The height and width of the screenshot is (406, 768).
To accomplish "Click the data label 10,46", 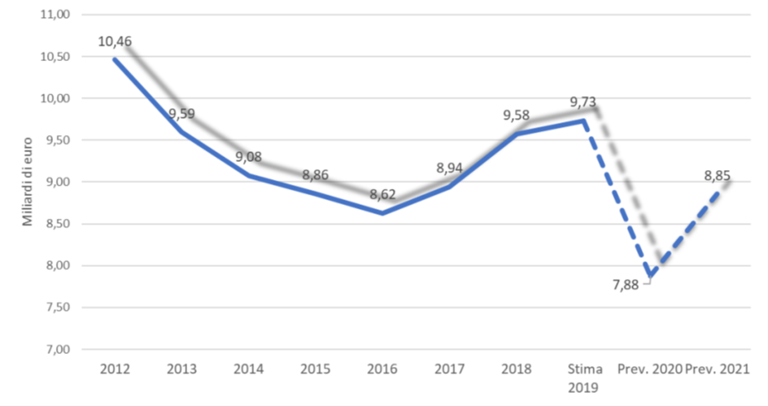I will pos(115,41).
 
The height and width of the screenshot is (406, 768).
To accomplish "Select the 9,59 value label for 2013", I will pos(182,115).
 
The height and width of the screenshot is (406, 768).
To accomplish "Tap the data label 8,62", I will pos(382,195).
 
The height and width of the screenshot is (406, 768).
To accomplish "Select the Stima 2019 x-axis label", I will pos(583,377).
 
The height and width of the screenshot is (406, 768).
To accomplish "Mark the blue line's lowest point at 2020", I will pos(649,276).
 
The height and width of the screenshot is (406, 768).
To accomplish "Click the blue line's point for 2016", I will pos(382,214).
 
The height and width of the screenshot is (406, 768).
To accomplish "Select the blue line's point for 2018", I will pos(516,133).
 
